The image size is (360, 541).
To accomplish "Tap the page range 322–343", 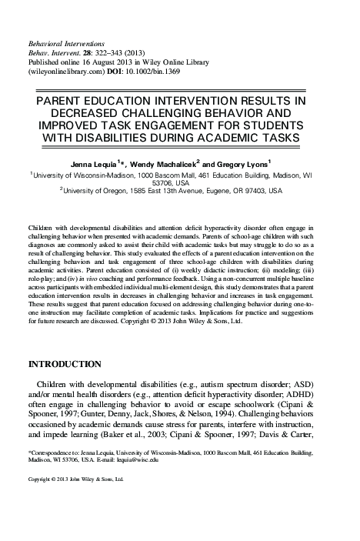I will [x=115, y=46].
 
